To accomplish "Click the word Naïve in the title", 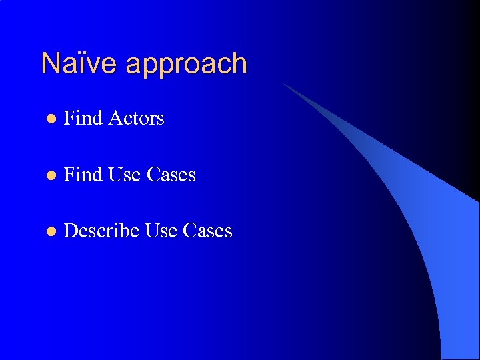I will (x=79, y=63).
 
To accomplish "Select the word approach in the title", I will (x=186, y=65).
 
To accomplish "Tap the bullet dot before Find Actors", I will (x=50, y=119).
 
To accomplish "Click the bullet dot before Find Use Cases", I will (x=50, y=176).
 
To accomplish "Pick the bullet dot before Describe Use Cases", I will (x=50, y=232).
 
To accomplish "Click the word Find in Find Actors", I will (x=83, y=118).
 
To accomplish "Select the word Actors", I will (x=136, y=118).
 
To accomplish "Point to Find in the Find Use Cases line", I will (x=83, y=175).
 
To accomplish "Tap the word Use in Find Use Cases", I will (x=124, y=175).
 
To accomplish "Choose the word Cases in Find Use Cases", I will (x=171, y=175).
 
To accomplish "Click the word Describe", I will (x=101, y=231).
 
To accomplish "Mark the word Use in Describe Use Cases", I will (x=161, y=231).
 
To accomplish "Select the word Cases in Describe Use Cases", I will (x=208, y=231).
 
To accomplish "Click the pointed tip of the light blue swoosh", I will (x=284, y=84).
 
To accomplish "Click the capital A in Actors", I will (x=115, y=118).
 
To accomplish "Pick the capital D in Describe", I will (x=70, y=231).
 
